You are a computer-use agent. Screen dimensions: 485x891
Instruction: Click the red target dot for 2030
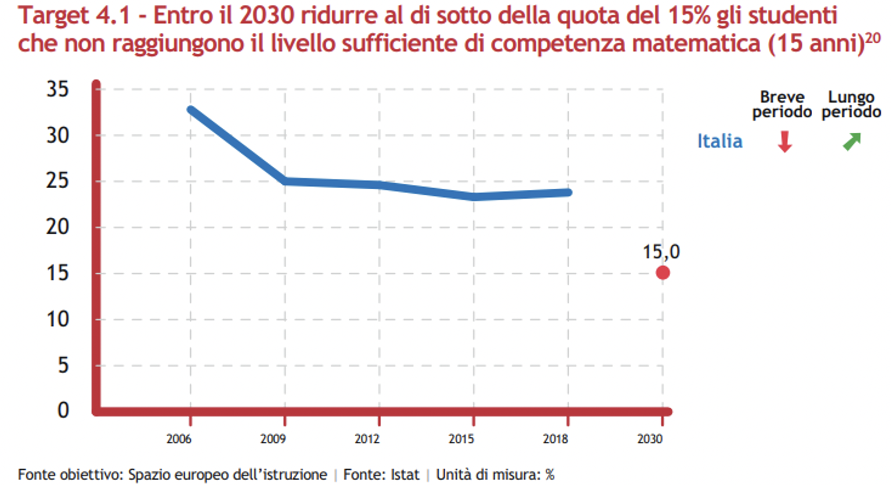(x=663, y=273)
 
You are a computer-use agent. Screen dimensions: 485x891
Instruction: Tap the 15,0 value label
(x=661, y=252)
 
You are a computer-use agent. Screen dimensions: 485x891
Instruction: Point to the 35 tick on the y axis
(x=58, y=89)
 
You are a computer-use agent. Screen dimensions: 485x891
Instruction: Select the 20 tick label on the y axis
(x=58, y=227)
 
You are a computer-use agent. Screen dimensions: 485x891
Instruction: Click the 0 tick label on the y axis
(x=63, y=411)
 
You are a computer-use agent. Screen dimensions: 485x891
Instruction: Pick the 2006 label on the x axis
(x=179, y=439)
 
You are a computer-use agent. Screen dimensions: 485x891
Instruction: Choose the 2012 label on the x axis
(x=367, y=439)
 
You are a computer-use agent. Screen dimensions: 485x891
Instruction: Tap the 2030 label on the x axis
(x=650, y=439)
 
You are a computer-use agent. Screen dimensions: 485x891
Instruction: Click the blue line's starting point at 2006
(x=191, y=110)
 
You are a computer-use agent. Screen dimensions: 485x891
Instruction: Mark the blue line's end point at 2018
(x=568, y=192)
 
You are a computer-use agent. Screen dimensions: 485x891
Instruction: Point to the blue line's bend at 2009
(x=285, y=181)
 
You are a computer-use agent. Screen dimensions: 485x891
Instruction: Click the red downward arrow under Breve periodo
(x=785, y=142)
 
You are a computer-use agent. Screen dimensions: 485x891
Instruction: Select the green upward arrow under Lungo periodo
(x=852, y=142)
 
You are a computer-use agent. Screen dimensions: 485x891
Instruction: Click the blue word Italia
(x=720, y=141)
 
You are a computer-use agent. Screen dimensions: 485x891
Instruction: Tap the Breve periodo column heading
(x=782, y=105)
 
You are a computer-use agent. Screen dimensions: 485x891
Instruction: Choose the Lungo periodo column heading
(x=851, y=105)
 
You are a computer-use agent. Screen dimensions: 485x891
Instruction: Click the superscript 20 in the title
(x=873, y=38)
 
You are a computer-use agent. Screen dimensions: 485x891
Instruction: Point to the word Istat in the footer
(x=405, y=475)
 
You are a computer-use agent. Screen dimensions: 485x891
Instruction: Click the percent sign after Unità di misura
(x=550, y=475)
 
